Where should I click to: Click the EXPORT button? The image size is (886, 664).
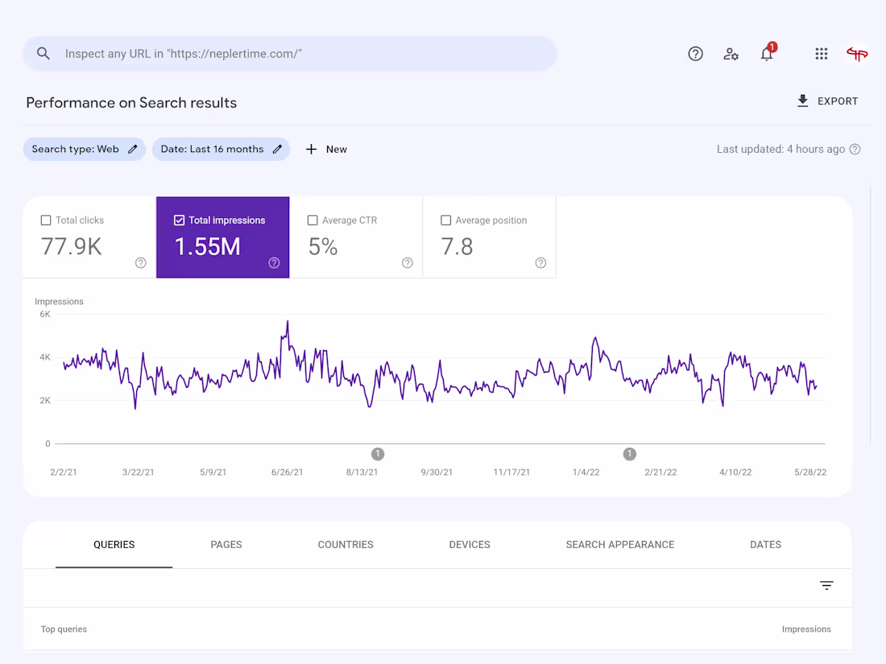pyautogui.click(x=827, y=101)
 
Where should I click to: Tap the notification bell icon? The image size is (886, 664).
pyautogui.click(x=767, y=54)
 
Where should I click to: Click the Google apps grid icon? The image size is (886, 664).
pyautogui.click(x=821, y=54)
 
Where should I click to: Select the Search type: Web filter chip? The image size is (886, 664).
pyautogui.click(x=84, y=149)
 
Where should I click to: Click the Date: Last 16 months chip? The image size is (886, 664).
pyautogui.click(x=221, y=149)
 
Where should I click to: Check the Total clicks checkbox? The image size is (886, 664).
pyautogui.click(x=46, y=221)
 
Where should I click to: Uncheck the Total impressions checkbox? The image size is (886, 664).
pyautogui.click(x=180, y=221)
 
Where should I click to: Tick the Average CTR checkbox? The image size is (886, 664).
pyautogui.click(x=313, y=221)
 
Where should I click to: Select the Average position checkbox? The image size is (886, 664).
pyautogui.click(x=446, y=221)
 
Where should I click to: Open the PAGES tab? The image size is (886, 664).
pyautogui.click(x=226, y=545)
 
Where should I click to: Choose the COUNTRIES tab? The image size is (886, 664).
pyautogui.click(x=346, y=545)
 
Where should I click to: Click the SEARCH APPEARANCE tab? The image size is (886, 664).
pyautogui.click(x=620, y=545)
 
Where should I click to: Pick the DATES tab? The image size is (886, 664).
pyautogui.click(x=765, y=545)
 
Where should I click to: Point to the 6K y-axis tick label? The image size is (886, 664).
pyautogui.click(x=45, y=315)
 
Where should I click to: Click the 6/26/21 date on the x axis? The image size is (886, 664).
pyautogui.click(x=288, y=472)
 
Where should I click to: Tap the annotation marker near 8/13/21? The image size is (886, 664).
pyautogui.click(x=378, y=454)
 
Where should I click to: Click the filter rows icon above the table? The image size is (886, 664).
pyautogui.click(x=826, y=586)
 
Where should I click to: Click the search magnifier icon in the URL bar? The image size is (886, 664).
pyautogui.click(x=43, y=54)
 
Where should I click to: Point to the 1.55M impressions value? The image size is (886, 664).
pyautogui.click(x=208, y=246)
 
